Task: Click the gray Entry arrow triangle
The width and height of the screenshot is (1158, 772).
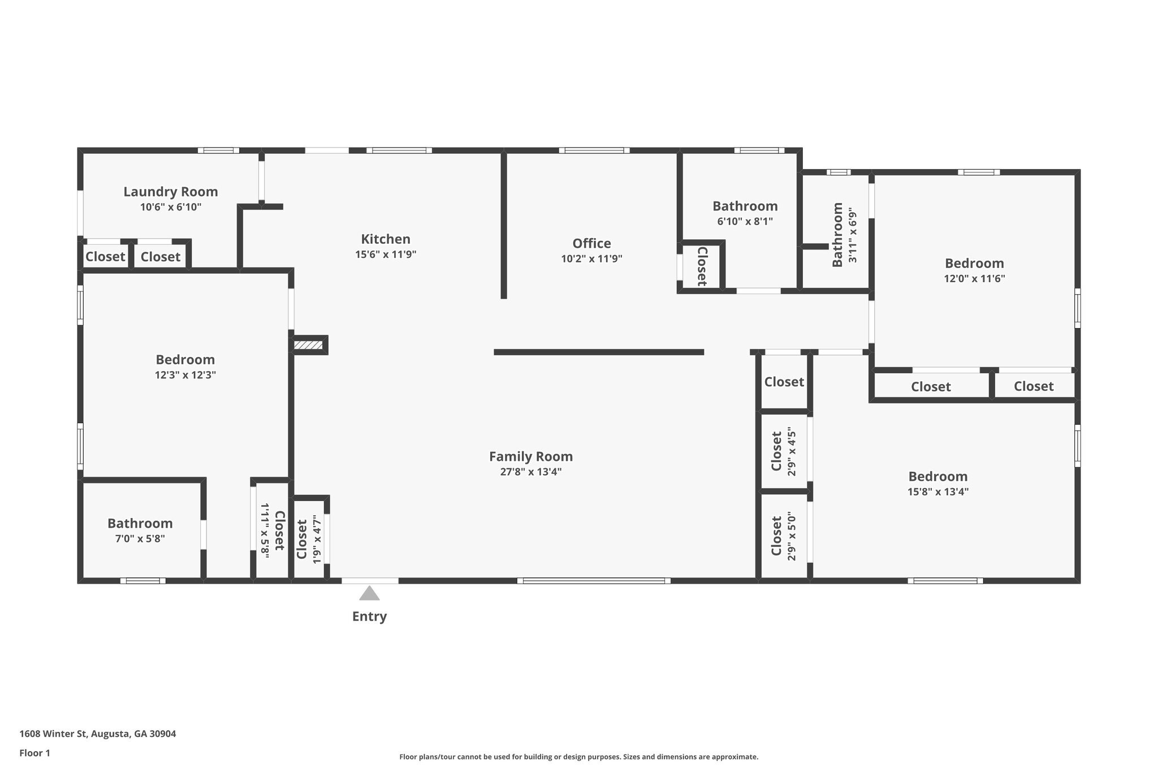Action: click(369, 593)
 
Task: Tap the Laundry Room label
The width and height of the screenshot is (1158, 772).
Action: click(171, 192)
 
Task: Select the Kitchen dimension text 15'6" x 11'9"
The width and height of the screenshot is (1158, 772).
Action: click(386, 255)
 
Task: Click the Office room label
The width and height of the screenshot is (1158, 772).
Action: click(591, 243)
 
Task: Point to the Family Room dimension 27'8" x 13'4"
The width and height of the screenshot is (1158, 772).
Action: click(530, 472)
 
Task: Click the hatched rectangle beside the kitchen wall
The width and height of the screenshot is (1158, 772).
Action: click(309, 345)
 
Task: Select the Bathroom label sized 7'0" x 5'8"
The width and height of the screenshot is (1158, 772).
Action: click(140, 523)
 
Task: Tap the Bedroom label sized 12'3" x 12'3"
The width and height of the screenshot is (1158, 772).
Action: click(185, 360)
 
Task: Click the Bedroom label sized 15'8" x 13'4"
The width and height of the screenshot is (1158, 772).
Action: click(937, 476)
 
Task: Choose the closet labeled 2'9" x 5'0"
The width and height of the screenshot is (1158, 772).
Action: click(783, 536)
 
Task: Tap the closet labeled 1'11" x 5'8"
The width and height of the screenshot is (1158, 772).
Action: click(272, 531)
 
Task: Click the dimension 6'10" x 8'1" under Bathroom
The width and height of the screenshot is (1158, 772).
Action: click(745, 222)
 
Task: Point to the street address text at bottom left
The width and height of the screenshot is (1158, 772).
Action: click(98, 734)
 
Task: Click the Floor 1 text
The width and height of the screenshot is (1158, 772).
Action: click(35, 753)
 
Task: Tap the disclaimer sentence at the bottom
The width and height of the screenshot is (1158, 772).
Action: click(578, 757)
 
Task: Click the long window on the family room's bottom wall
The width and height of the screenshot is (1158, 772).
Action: click(594, 581)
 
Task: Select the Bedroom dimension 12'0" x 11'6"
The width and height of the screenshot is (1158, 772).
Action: click(974, 278)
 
